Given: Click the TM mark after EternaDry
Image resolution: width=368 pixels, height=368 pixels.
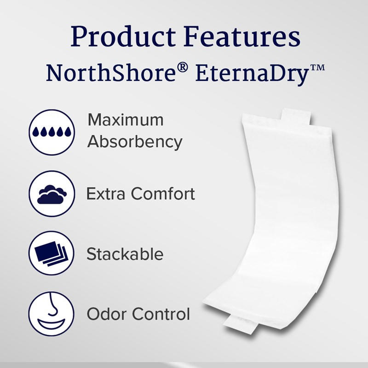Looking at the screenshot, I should [318, 68].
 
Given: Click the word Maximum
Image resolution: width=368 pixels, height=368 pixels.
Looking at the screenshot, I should [126, 120].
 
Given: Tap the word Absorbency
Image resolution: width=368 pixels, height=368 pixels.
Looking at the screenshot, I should [135, 142].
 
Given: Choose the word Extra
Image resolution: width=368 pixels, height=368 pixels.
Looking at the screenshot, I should [106, 194].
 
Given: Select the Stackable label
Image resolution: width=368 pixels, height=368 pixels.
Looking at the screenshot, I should [125, 254].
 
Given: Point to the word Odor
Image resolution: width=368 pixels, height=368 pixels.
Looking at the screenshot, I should [106, 314].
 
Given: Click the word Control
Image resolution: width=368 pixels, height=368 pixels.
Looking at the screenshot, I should [161, 314].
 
